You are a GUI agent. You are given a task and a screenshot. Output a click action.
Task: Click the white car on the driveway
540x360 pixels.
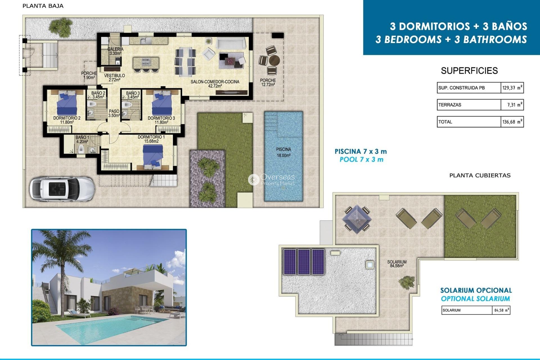tap(62, 188)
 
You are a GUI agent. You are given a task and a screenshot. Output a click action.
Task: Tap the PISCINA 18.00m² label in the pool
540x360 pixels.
tap(283, 152)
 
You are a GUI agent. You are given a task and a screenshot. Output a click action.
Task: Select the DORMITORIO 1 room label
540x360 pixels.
tap(151, 139)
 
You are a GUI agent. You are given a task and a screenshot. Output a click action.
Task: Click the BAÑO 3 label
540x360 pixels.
tap(133, 95)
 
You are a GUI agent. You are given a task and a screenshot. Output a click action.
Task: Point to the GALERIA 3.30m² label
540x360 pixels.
tap(115, 51)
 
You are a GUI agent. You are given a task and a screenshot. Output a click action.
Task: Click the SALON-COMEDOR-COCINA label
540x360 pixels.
tap(215, 84)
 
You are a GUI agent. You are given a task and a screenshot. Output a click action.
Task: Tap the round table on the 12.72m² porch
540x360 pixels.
tap(274, 60)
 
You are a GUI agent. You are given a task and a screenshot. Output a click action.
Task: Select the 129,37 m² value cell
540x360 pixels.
tap(512, 88)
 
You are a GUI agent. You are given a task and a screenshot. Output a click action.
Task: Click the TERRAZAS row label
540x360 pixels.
tap(450, 105)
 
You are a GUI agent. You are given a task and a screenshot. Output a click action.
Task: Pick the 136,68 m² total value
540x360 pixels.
tap(512, 122)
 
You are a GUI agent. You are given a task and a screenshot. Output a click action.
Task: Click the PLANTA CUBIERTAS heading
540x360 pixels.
tap(480, 175)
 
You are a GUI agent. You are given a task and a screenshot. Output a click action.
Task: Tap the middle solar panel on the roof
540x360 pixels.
tap(304, 262)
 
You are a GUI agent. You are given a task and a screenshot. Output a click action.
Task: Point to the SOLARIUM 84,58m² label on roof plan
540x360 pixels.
tap(397, 264)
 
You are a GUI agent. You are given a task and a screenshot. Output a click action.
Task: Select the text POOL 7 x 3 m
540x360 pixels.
tap(361, 160)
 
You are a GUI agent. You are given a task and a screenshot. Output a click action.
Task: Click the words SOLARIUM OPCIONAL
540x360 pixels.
tap(476, 290)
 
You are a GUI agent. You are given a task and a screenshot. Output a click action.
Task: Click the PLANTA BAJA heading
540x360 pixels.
tap(43, 6)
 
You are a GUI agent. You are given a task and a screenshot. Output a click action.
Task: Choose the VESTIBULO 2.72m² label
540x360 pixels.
tap(114, 78)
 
